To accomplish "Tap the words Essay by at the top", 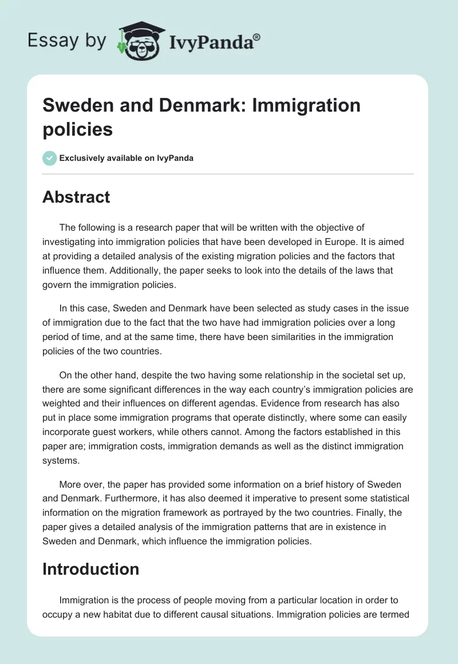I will (x=67, y=41).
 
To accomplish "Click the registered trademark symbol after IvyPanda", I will (x=256, y=38).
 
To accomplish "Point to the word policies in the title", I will (x=78, y=129).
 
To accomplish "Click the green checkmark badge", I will (x=50, y=158).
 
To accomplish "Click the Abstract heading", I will (x=76, y=197).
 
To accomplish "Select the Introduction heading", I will (x=91, y=569).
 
